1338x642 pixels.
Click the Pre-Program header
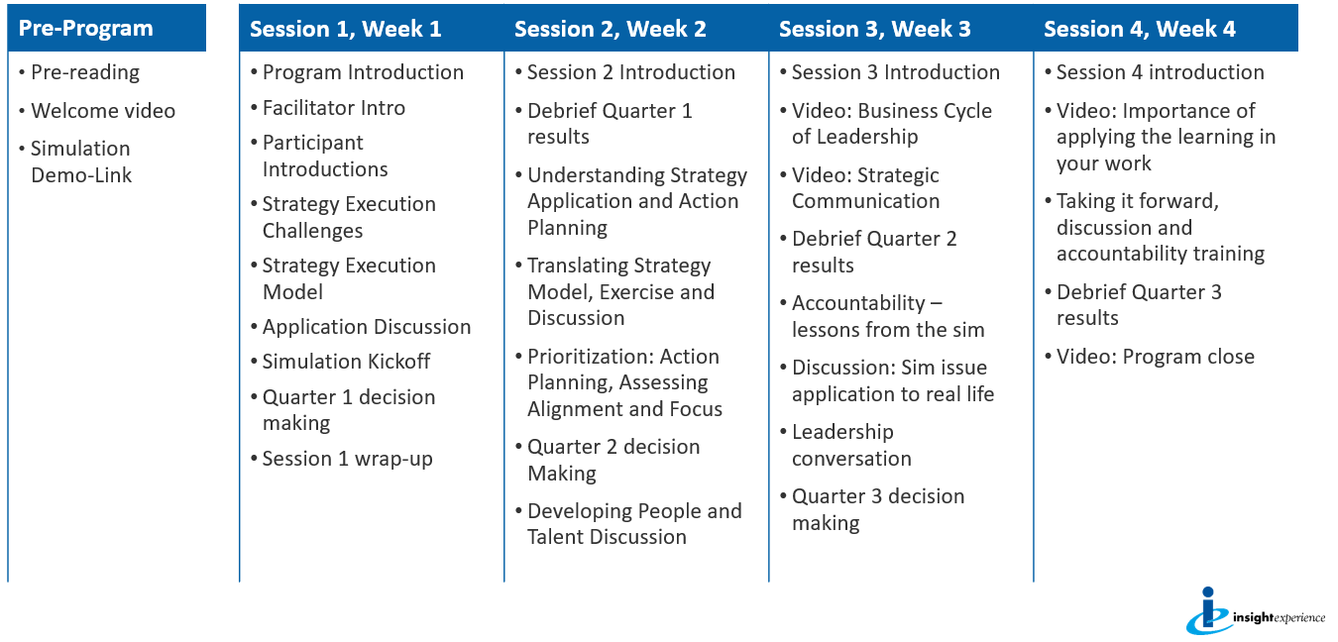(x=86, y=29)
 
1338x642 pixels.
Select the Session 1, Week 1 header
(x=345, y=29)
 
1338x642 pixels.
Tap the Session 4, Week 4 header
(x=1139, y=29)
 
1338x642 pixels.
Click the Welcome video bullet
(x=103, y=111)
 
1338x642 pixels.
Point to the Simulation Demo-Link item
(x=81, y=161)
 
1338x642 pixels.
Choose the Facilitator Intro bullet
(x=334, y=107)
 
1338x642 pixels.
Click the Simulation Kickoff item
(x=346, y=362)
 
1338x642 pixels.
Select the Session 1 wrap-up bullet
(x=347, y=459)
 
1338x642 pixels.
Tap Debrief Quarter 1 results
(x=609, y=124)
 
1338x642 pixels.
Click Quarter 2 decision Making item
(x=613, y=460)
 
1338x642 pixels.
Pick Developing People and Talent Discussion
(x=633, y=524)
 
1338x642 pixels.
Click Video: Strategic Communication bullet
(x=864, y=188)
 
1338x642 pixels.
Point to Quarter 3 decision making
(x=877, y=509)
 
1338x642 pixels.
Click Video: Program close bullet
(x=1155, y=357)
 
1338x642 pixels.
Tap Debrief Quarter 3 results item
(x=1138, y=305)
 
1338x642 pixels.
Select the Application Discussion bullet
(x=366, y=327)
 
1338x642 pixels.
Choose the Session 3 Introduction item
(x=895, y=72)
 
